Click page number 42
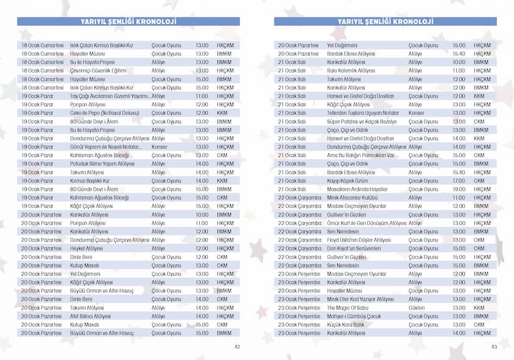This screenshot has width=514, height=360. pos(237,347)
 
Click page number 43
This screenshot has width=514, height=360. pos(494,347)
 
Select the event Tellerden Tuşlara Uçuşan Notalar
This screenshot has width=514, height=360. pos(363,113)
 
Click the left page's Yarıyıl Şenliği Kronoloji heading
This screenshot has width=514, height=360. pos(128,21)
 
